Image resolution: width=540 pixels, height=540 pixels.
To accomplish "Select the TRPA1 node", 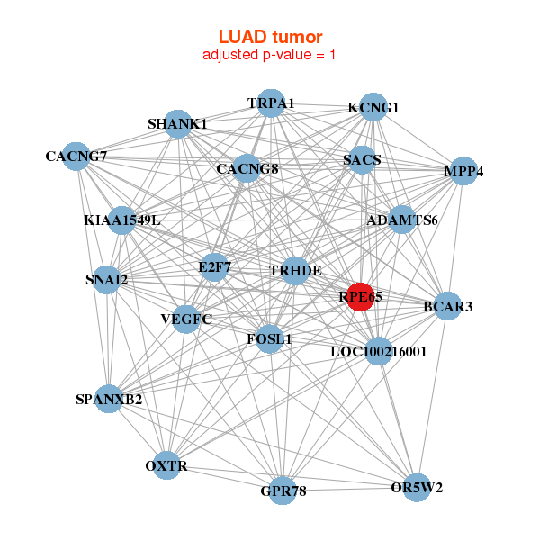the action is tap(271, 103).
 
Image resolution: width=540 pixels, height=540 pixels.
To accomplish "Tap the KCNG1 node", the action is tap(373, 108).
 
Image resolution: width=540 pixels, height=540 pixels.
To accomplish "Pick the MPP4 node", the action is tap(463, 171).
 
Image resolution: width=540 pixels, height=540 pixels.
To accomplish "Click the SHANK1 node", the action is tap(178, 123).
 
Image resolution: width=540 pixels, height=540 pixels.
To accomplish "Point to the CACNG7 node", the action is tap(76, 157).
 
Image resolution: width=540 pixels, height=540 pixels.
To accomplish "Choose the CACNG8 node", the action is tap(247, 168).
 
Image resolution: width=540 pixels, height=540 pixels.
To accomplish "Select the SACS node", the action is tap(362, 160).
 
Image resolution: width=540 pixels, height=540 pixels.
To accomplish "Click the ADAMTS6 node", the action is tap(401, 220).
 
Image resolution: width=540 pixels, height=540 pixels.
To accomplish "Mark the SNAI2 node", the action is tap(107, 279).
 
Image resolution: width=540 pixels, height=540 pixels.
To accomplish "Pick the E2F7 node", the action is tap(213, 266).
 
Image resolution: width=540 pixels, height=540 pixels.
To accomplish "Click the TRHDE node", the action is tap(295, 270).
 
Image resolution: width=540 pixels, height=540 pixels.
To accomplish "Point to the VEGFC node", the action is tap(186, 319).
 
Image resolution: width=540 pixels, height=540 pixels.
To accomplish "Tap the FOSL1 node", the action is tap(270, 339).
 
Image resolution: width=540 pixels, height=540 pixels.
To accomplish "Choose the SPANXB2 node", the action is tap(108, 399).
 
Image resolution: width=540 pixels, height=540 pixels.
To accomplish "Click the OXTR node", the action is tap(166, 465).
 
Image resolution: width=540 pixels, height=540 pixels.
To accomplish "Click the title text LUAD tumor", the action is tap(270, 37).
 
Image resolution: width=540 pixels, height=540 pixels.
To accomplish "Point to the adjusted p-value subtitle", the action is tap(270, 55).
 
